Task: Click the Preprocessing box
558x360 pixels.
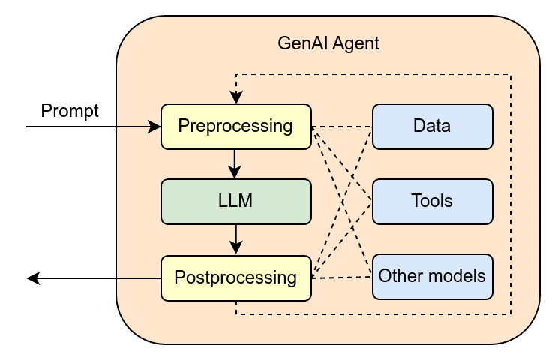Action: [235, 126]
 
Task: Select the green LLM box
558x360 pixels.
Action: [235, 201]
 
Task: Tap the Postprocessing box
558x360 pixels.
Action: [235, 277]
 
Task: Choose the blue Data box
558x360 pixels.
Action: [432, 126]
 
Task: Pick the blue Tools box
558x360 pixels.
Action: [432, 201]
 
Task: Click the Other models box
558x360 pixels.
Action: [432, 275]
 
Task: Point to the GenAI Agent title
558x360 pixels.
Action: [328, 43]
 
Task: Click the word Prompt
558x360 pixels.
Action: [70, 112]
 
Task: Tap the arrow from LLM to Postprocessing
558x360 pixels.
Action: [236, 239]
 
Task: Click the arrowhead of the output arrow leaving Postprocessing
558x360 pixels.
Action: [32, 278]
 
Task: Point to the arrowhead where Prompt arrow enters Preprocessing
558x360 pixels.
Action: [157, 127]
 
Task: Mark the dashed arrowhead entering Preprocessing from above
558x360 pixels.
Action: [236, 99]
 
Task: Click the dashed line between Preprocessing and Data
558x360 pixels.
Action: [341, 127]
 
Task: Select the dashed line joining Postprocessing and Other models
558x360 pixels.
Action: [341, 277]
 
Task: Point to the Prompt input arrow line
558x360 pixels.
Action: [90, 127]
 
